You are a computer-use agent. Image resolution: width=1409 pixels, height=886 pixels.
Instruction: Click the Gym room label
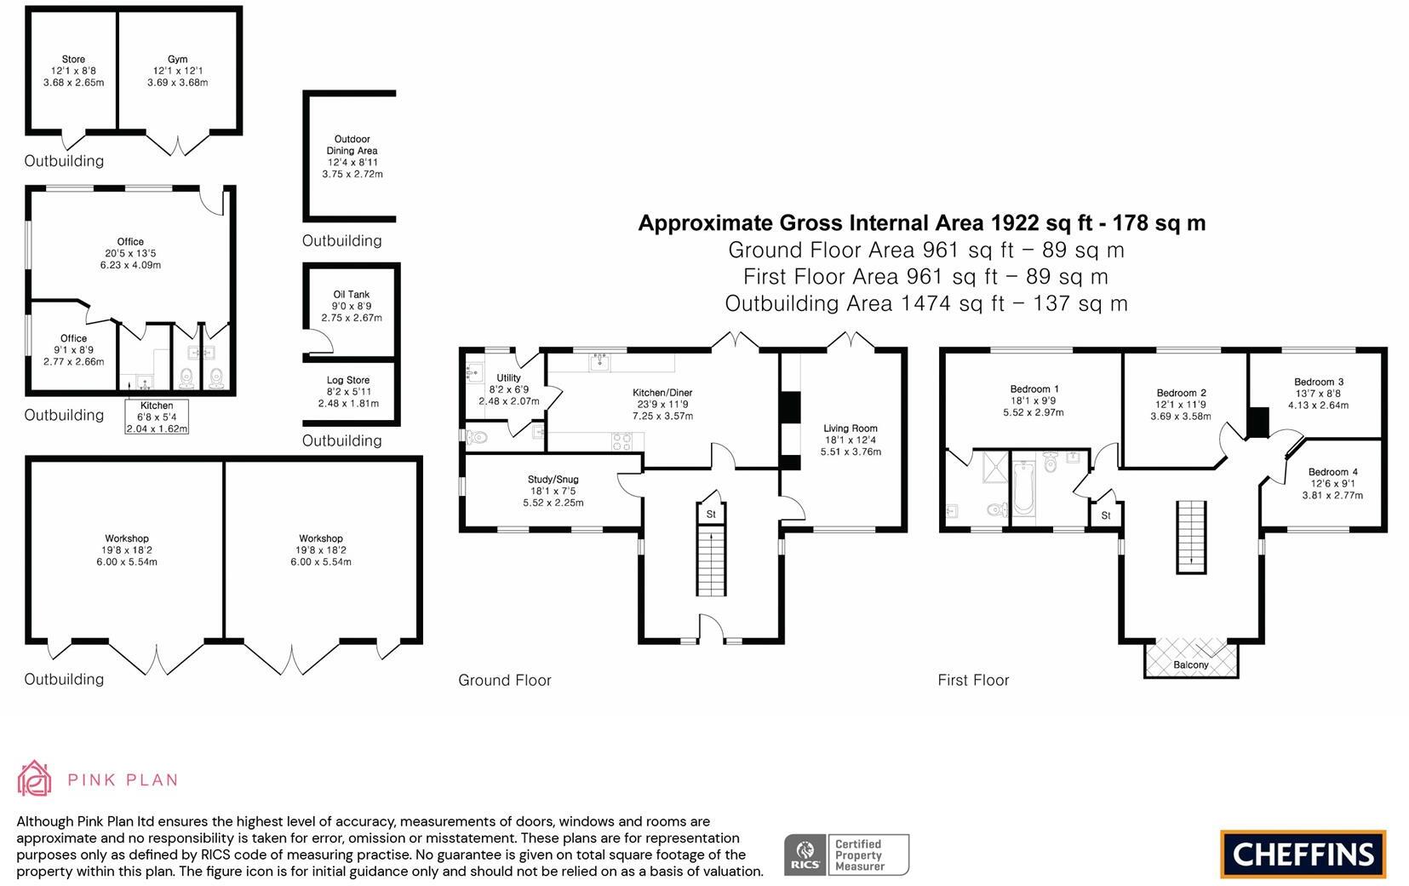177,60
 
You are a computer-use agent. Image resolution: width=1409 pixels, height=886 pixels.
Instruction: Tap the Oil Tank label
351,295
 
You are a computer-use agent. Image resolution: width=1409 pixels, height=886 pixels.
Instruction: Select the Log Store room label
347,381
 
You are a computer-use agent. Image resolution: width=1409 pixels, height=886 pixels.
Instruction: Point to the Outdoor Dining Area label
352,145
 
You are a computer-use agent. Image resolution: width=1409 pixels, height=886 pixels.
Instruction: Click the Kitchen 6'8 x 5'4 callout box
157,417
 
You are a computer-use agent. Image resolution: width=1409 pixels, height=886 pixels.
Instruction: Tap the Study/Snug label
553,480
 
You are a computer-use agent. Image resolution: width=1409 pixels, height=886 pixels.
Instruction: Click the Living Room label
850,429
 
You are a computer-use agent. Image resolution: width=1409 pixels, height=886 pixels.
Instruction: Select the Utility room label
508,378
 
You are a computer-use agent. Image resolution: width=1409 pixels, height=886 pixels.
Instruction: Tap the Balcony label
1190,664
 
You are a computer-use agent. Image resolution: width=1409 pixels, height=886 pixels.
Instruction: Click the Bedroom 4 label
1332,472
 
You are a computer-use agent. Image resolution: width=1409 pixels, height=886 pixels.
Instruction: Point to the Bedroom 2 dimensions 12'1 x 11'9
1180,405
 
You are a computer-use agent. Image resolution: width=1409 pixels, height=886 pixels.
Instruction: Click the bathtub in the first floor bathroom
1023,488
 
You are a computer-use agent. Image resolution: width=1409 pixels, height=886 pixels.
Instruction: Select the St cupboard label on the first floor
1105,515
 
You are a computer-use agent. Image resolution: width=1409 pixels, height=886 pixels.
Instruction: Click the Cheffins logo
1303,854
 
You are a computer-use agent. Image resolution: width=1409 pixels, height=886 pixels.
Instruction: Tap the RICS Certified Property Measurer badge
845,854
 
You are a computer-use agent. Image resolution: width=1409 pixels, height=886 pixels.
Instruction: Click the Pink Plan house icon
35,779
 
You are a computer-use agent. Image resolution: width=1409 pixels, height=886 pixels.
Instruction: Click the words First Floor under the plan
973,680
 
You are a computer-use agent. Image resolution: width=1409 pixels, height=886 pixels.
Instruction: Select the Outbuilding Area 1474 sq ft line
925,303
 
